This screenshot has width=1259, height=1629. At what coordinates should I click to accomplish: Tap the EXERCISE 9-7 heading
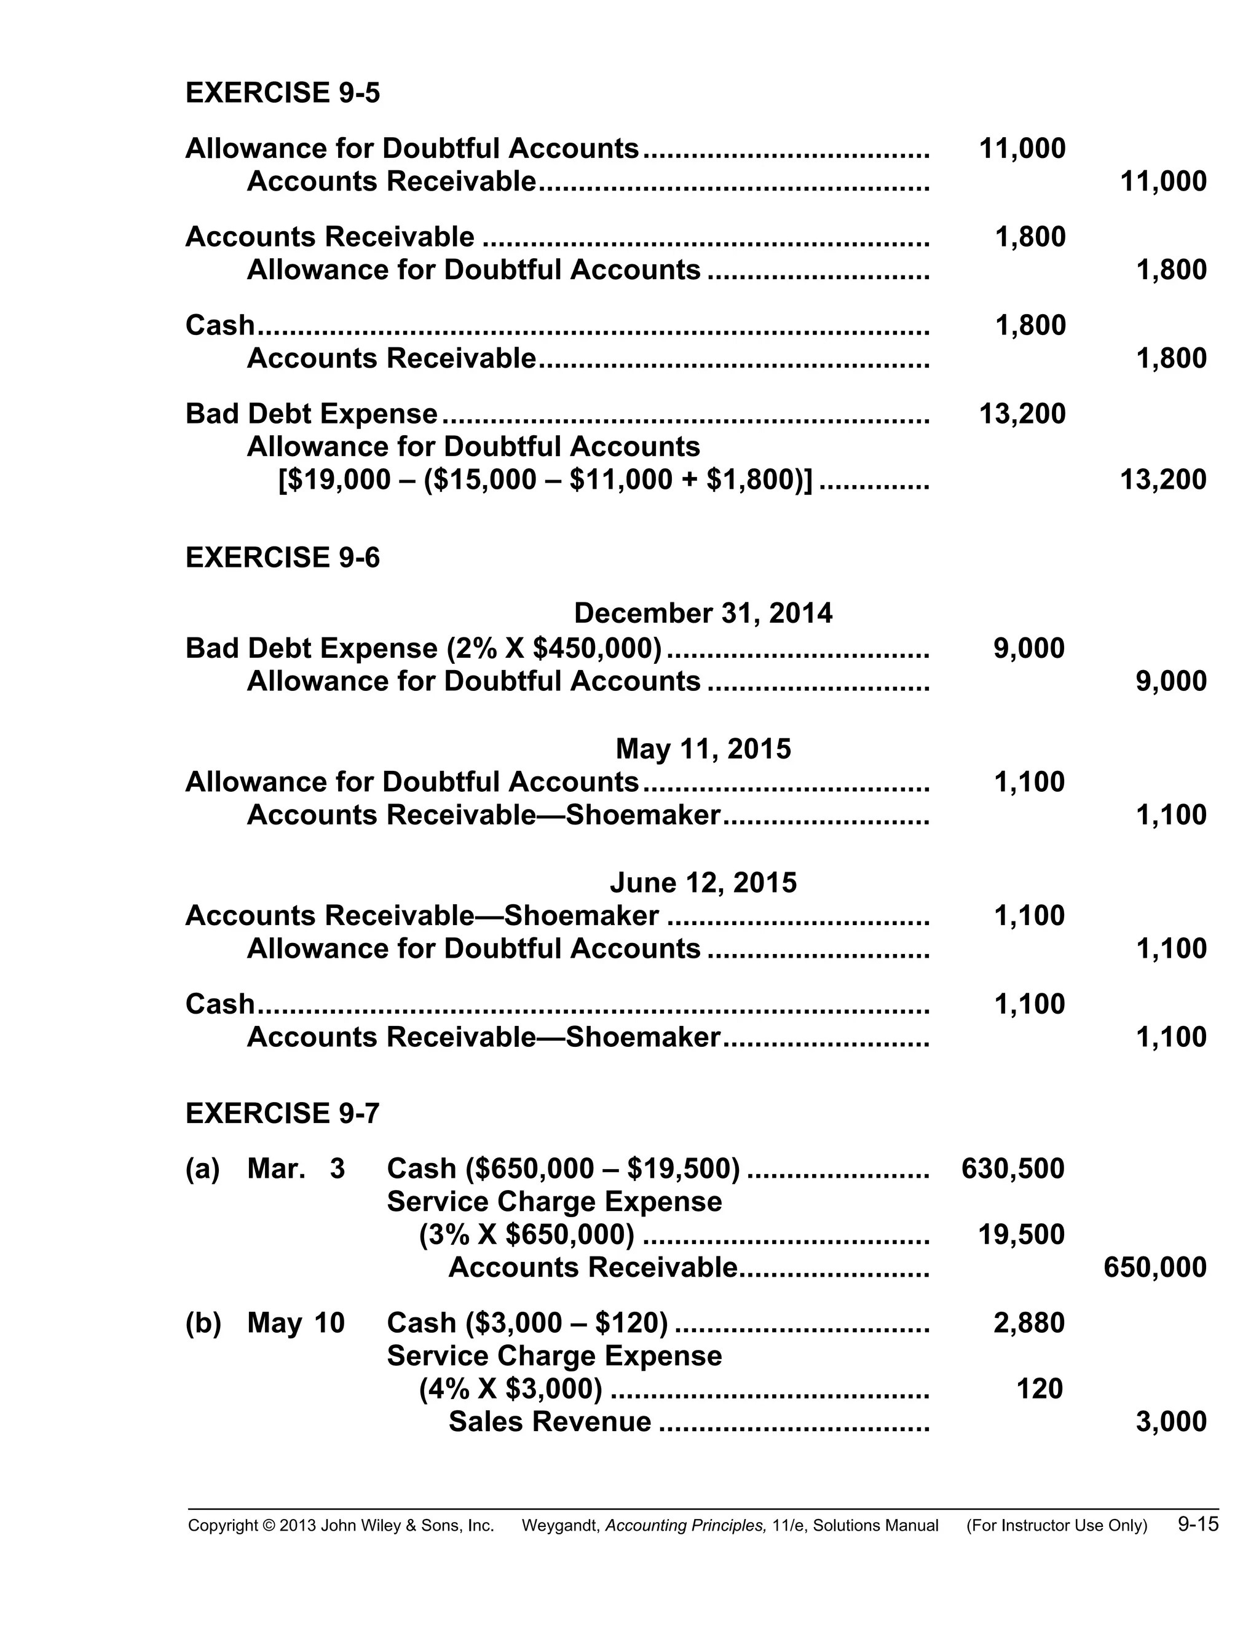[x=282, y=1114]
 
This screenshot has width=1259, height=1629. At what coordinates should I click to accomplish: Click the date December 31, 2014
[x=703, y=613]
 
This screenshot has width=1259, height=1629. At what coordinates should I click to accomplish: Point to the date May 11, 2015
[x=703, y=749]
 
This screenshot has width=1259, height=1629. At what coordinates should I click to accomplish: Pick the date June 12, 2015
[x=703, y=883]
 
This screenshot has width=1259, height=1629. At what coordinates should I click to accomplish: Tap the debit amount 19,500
[x=1021, y=1235]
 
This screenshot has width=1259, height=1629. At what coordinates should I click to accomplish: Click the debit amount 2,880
[x=1028, y=1323]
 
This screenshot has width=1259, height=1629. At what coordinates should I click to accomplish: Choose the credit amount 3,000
[x=1170, y=1422]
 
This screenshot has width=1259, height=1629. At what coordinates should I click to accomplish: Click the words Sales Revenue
[x=550, y=1422]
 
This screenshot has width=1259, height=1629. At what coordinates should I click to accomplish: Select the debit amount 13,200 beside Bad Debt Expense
[x=1021, y=414]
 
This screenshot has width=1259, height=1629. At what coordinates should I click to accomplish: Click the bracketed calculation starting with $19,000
[x=545, y=479]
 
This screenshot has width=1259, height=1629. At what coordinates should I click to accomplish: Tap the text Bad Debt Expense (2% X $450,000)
[x=423, y=648]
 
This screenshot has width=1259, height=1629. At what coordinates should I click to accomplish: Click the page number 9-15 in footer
[x=1198, y=1524]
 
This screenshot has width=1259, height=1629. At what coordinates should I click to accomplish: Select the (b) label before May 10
[x=203, y=1323]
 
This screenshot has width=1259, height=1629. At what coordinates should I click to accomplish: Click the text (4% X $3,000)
[x=510, y=1389]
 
